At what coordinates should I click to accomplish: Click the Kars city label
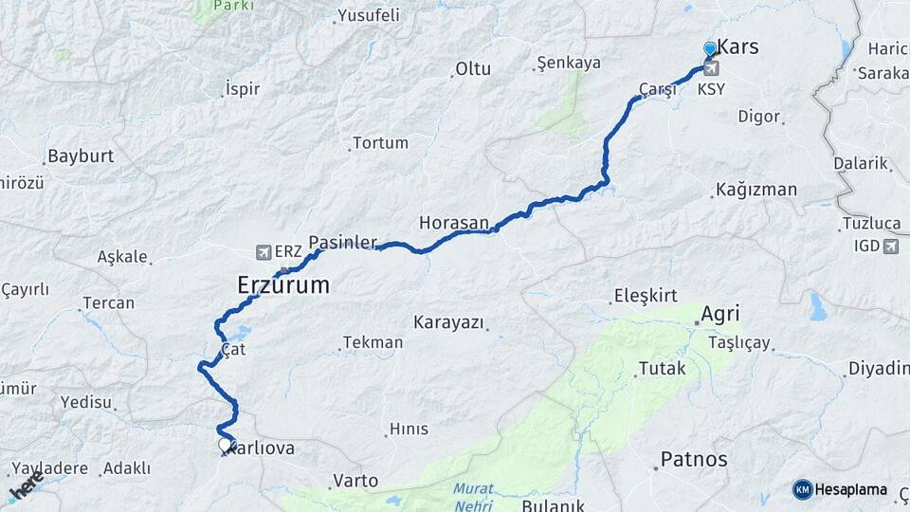tap(737, 46)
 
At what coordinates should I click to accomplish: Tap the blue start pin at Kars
tap(710, 48)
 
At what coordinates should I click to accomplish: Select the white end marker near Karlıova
tap(225, 444)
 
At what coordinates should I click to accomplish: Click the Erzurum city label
tap(283, 284)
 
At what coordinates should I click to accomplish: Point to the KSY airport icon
tap(711, 68)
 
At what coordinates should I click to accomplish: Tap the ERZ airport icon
tap(264, 251)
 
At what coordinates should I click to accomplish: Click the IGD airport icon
tap(890, 247)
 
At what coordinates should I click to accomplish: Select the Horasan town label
tap(454, 223)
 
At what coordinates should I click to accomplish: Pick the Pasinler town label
tap(343, 242)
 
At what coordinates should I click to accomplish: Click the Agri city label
tap(719, 314)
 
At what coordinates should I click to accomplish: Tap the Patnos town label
tap(694, 460)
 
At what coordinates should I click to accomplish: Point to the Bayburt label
tap(81, 155)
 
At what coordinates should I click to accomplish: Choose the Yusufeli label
tap(369, 15)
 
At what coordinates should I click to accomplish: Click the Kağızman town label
tap(757, 190)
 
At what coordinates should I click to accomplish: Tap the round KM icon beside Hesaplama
tap(803, 489)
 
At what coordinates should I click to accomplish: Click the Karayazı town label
tap(448, 320)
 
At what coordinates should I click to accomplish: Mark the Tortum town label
tap(380, 143)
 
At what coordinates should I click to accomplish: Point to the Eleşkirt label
tap(646, 295)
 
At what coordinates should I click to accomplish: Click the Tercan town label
tap(108, 303)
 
